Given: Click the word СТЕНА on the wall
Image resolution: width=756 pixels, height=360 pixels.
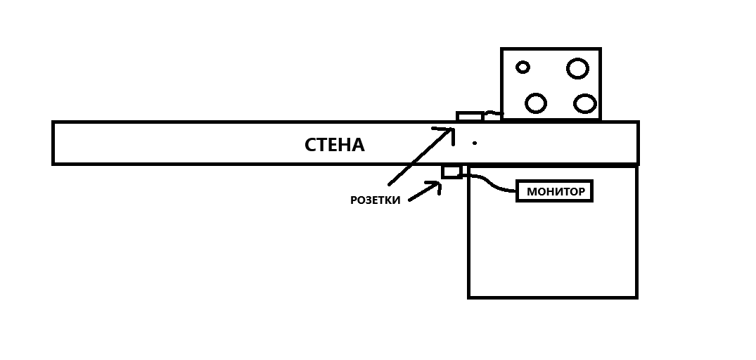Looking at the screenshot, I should [334, 145].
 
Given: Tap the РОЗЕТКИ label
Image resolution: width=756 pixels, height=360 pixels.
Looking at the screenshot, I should [376, 200].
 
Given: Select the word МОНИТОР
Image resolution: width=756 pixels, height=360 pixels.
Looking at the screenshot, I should [556, 191].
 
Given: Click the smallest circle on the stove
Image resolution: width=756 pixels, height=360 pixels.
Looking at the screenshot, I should [523, 67].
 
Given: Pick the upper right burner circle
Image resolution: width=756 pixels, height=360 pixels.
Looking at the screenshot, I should [577, 68].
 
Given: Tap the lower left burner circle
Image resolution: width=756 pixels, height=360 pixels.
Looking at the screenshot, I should [536, 103].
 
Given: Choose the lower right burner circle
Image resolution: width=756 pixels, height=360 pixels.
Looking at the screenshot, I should [584, 103].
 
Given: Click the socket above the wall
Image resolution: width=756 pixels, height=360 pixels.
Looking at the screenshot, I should [469, 116].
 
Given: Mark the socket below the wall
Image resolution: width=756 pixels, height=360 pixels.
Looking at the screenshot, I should [451, 172].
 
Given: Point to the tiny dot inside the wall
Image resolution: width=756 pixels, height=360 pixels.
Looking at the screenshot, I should [475, 143].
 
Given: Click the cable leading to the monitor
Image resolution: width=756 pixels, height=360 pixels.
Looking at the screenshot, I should [492, 184].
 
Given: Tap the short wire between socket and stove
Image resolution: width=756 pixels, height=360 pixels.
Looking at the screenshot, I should [492, 114].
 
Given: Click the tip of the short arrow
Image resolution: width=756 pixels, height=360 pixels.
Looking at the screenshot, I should [440, 184].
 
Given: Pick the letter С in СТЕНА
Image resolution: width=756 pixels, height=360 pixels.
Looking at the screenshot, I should [310, 145].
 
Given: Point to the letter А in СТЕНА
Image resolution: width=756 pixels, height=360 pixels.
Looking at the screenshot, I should [357, 145].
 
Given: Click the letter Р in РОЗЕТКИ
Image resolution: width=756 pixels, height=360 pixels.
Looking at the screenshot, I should [354, 200].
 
